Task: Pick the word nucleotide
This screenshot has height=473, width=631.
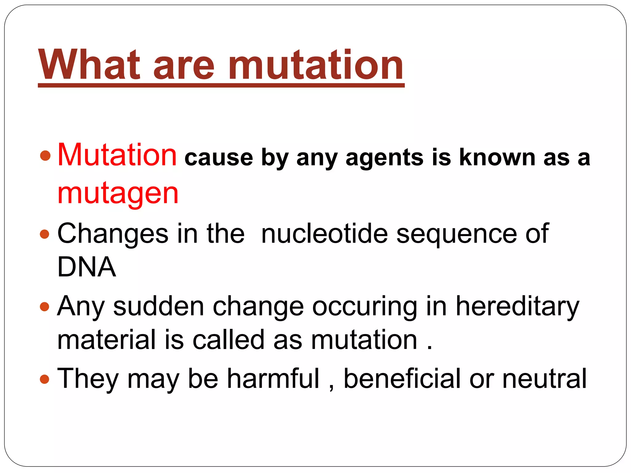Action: click(324, 234)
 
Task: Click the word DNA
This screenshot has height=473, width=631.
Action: click(87, 267)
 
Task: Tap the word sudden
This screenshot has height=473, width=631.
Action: click(159, 306)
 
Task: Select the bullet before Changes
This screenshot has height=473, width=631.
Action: click(45, 234)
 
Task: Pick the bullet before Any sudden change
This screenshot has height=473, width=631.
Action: click(45, 307)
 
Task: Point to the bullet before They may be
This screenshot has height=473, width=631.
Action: click(45, 379)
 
